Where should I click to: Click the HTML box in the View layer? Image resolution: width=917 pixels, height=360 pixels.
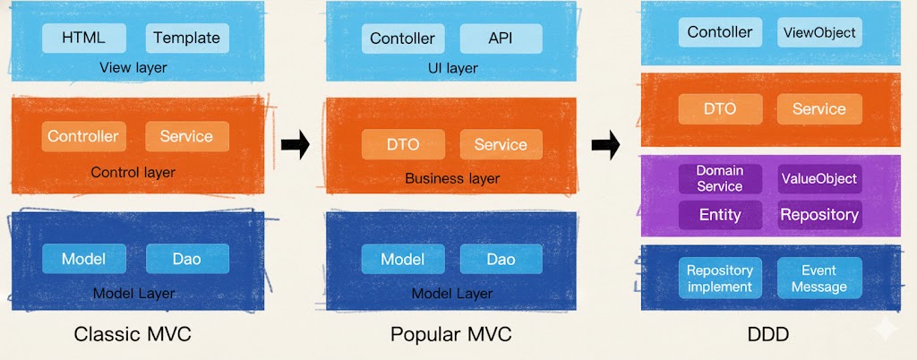84,38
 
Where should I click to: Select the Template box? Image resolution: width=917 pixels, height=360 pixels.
186,38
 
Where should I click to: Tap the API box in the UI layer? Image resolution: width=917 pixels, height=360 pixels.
501,39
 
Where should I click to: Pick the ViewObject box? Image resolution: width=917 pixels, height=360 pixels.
818,33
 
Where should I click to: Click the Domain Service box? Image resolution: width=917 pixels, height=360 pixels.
720,178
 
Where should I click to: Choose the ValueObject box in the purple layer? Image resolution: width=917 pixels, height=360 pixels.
818,178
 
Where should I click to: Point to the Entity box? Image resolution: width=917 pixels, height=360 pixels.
720,215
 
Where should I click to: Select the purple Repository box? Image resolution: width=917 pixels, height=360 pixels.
818,215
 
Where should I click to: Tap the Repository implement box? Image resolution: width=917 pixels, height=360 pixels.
720,278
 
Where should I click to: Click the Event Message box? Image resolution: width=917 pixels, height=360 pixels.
818,278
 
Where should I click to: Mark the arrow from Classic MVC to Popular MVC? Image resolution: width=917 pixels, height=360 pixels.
295,144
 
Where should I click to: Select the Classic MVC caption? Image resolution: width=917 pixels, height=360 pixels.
133,335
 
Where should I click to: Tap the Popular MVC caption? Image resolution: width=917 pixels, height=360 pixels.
451,335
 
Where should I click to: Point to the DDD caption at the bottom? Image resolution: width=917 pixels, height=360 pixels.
769,335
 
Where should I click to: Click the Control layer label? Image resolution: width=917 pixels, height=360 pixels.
133,172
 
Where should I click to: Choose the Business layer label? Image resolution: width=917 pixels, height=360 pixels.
452,178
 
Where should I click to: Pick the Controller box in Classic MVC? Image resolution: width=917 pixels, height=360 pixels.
83,136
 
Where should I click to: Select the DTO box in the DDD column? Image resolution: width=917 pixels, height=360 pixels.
720,109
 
